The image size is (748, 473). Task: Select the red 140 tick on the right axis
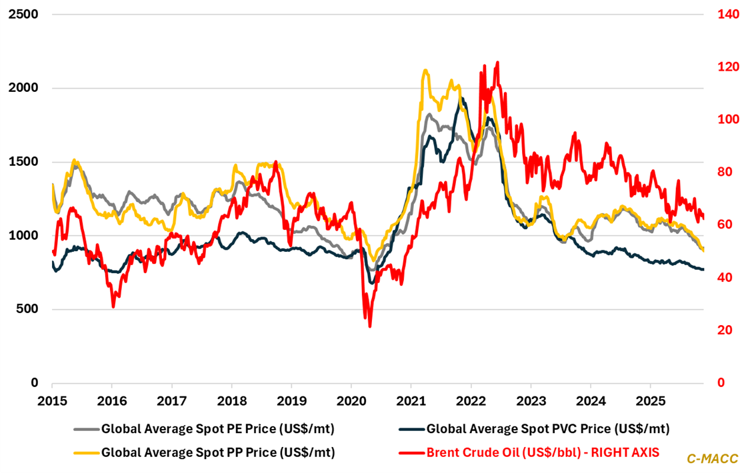click(x=723, y=14)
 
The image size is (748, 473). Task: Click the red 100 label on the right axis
click(x=723, y=119)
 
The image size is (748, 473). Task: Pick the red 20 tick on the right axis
click(x=721, y=330)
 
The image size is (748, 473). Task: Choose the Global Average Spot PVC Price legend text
click(x=547, y=428)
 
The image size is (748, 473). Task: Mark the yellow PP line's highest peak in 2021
click(x=425, y=70)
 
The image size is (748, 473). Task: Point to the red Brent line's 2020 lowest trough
click(x=369, y=326)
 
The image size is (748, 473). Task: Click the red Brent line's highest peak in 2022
click(x=497, y=63)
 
